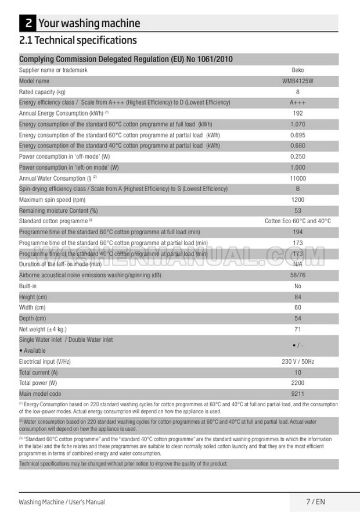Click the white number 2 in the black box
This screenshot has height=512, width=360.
[27, 24]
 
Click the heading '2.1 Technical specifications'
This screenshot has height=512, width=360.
[78, 41]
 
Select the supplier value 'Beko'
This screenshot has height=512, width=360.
[297, 70]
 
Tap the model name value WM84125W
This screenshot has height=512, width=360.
[297, 81]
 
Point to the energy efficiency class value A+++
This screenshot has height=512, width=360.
[297, 103]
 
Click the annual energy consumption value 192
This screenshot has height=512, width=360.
[297, 114]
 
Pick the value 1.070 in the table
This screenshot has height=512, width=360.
[297, 124]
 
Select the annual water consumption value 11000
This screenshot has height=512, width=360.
[297, 178]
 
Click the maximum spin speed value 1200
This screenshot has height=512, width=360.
[297, 200]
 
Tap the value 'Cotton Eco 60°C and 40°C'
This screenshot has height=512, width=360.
[297, 221]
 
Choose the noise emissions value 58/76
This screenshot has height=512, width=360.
[297, 275]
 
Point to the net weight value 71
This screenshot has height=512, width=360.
[297, 330]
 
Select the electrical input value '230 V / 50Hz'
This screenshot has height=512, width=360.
[297, 361]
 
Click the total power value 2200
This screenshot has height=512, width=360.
[297, 383]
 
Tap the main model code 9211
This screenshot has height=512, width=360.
[297, 394]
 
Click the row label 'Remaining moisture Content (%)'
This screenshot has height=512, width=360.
[59, 211]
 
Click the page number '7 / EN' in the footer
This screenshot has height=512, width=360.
[315, 502]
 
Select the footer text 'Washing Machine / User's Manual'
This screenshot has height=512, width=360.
[62, 502]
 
